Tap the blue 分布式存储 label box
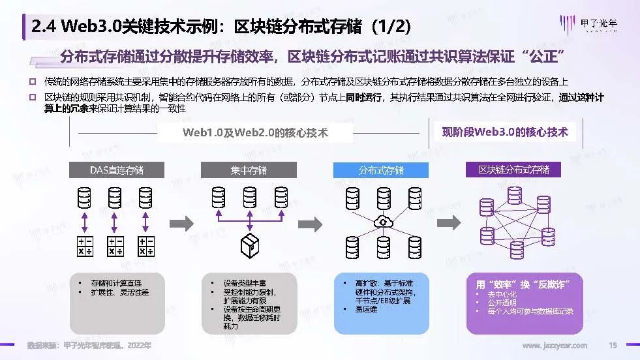(x=381, y=170)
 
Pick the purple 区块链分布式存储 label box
(x=513, y=170)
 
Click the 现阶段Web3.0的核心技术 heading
(x=505, y=132)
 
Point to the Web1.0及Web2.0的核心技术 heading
(x=255, y=132)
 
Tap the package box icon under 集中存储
(x=249, y=246)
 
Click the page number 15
(x=612, y=345)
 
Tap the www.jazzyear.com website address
(x=555, y=345)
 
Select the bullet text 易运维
(x=366, y=309)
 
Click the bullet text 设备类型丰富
(x=245, y=284)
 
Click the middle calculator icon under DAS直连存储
(x=116, y=246)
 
